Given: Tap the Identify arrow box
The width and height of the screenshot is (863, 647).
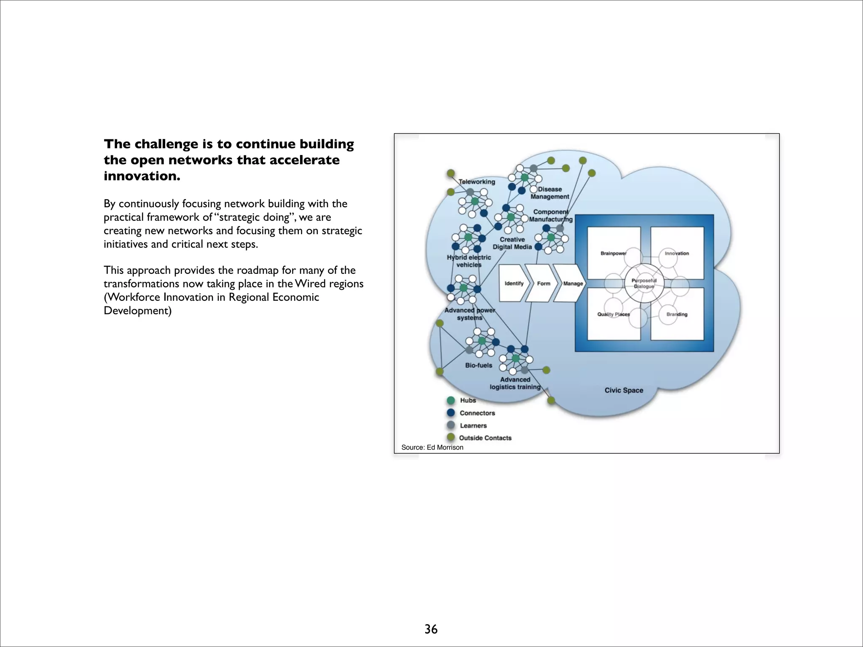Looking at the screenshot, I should coord(514,283).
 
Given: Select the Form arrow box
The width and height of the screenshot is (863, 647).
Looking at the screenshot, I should coord(544,283).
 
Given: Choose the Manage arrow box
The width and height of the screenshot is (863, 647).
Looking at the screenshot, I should coord(573,283).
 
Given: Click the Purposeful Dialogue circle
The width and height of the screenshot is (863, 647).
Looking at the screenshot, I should coord(644,283).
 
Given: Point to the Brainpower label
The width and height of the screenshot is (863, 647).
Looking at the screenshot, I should coord(613,253).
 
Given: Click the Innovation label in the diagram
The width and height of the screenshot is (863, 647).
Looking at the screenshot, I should coord(677,253).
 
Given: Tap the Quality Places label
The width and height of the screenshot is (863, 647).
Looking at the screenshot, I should coord(613,314).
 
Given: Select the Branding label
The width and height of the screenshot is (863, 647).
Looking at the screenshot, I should coord(677,314).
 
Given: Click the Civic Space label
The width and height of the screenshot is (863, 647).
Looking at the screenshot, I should coord(624,390).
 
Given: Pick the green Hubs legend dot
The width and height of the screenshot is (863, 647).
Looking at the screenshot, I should coord(451,400).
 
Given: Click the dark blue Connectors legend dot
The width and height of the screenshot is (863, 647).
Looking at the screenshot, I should coord(451,413).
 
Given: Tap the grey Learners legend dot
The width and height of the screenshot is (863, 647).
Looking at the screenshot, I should coord(451,425).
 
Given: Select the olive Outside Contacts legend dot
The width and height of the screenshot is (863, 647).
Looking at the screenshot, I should coord(451,437).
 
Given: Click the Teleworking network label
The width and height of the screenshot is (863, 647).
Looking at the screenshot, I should coord(477,182).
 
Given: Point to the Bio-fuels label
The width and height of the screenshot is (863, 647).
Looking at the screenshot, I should coord(478,365).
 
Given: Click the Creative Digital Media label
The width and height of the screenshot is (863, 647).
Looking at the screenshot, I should coord(512,243).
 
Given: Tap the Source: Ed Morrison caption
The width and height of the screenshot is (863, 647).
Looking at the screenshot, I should coord(432,447).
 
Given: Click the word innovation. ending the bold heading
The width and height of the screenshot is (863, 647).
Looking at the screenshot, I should coord(142,176).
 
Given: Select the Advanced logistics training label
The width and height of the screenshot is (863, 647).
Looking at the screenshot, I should coord(515,383).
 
